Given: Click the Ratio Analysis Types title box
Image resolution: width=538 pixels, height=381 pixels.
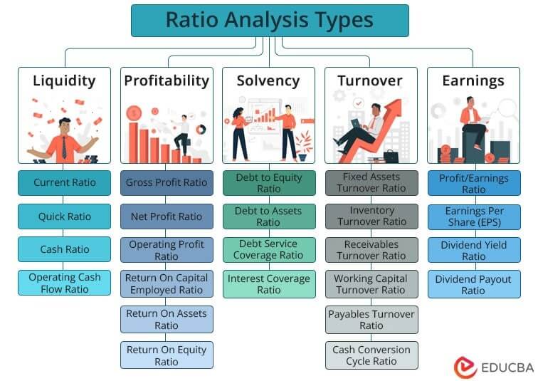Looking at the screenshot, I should pos(270,20).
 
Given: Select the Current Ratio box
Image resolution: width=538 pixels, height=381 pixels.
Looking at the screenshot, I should pos(64,182).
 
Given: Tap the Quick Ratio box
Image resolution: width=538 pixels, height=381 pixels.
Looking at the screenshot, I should pos(64,216).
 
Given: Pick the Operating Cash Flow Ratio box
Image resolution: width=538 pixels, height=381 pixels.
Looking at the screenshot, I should pos(64,283).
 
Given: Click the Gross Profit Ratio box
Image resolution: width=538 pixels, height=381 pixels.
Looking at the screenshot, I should pos(167,182).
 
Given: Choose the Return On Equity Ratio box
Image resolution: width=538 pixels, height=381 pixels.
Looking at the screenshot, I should pos(167,355).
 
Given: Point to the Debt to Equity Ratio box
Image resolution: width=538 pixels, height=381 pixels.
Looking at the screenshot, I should pos(268,182).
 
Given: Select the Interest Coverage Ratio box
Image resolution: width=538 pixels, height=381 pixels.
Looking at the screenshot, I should pos(268,283).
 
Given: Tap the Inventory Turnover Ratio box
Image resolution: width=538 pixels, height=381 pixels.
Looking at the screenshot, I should pos(371,216).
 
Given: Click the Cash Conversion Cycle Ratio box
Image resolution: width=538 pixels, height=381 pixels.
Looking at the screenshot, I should pos(371,355).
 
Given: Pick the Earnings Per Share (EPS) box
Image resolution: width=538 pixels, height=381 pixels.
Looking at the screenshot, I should pos(473,216).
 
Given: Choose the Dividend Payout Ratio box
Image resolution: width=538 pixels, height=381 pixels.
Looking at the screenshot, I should pos(473,284).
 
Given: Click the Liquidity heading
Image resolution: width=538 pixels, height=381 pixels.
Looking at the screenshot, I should pos(64,80).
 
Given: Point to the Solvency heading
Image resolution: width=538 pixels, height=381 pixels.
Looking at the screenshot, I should pos(268,80).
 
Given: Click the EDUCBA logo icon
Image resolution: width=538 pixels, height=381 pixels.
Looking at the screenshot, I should pos(465,366).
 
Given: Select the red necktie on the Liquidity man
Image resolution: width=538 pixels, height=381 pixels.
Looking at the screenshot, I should pos(63,147).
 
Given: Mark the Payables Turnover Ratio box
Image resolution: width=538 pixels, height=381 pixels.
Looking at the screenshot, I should pos(371,319).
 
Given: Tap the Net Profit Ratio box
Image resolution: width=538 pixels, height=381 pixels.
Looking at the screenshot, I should pos(167,216).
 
